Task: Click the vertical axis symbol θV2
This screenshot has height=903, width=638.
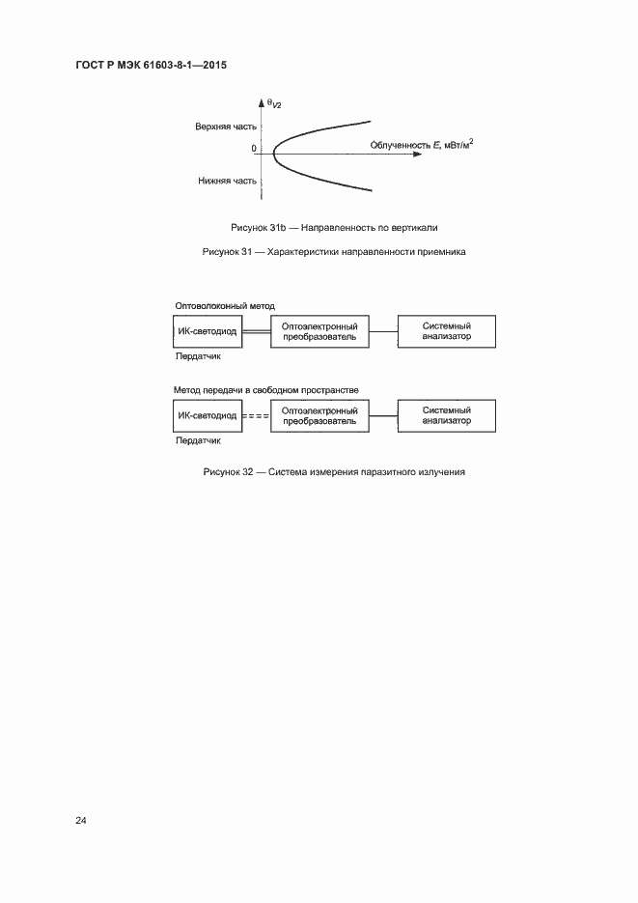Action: [x=273, y=102]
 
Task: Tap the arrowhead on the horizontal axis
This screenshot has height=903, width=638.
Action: [x=417, y=155]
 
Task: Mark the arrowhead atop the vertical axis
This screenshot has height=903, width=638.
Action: [x=262, y=101]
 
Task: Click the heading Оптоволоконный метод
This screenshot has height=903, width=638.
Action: [x=224, y=305]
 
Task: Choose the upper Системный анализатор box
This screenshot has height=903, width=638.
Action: [x=447, y=331]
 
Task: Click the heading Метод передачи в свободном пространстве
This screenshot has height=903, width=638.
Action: [x=265, y=389]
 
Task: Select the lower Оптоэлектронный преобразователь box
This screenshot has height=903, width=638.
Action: [x=319, y=415]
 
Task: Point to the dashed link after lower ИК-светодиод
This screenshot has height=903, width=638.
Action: [x=256, y=416]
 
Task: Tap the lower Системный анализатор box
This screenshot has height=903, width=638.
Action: [x=447, y=415]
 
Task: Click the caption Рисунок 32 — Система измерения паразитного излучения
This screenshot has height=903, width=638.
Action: [x=334, y=472]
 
